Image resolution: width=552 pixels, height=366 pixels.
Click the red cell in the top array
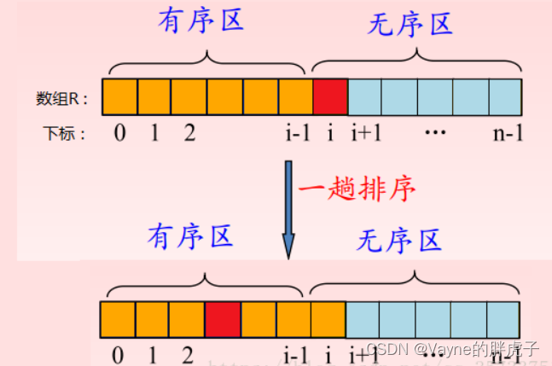330,96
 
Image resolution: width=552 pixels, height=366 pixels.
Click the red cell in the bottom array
222,320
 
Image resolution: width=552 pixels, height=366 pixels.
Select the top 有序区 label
201,20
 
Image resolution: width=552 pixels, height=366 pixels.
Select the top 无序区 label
410,26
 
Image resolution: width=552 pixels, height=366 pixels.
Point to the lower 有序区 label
190,236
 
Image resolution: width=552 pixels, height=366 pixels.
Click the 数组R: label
66,98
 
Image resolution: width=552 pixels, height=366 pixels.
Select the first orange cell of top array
119,96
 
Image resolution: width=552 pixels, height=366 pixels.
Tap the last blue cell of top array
504,96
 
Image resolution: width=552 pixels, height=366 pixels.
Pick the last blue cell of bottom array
502,320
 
